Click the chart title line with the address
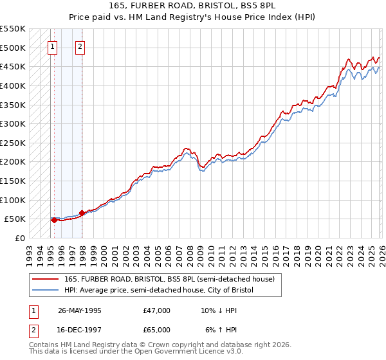click(193, 6)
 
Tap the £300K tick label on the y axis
click(13, 123)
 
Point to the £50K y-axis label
click(15, 219)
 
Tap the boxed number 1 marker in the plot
click(52, 46)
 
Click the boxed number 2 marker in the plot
click(80, 46)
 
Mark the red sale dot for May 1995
click(54, 220)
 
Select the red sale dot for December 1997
click(82, 213)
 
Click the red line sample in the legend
click(46, 279)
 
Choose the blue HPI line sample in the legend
click(46, 290)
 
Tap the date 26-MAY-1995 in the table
click(80, 310)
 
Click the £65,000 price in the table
click(157, 330)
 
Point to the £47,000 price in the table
click(157, 310)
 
